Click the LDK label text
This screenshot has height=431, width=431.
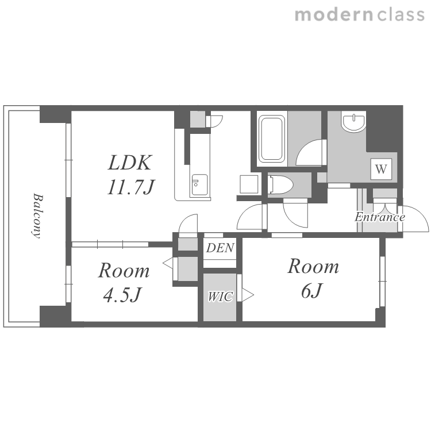(130, 163)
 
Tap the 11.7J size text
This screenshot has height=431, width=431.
(131, 187)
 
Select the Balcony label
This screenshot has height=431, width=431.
(37, 216)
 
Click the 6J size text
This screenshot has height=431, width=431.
(311, 290)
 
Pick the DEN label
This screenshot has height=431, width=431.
(220, 248)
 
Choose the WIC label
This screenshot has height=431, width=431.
(220, 297)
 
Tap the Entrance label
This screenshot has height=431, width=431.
(380, 217)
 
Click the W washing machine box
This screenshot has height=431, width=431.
(381, 169)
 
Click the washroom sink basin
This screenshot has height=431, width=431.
(354, 121)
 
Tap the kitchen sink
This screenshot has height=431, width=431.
(199, 185)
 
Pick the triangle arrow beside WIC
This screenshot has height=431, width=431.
(248, 295)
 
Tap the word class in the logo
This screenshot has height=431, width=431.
(401, 15)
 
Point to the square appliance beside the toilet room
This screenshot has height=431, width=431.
(249, 184)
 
